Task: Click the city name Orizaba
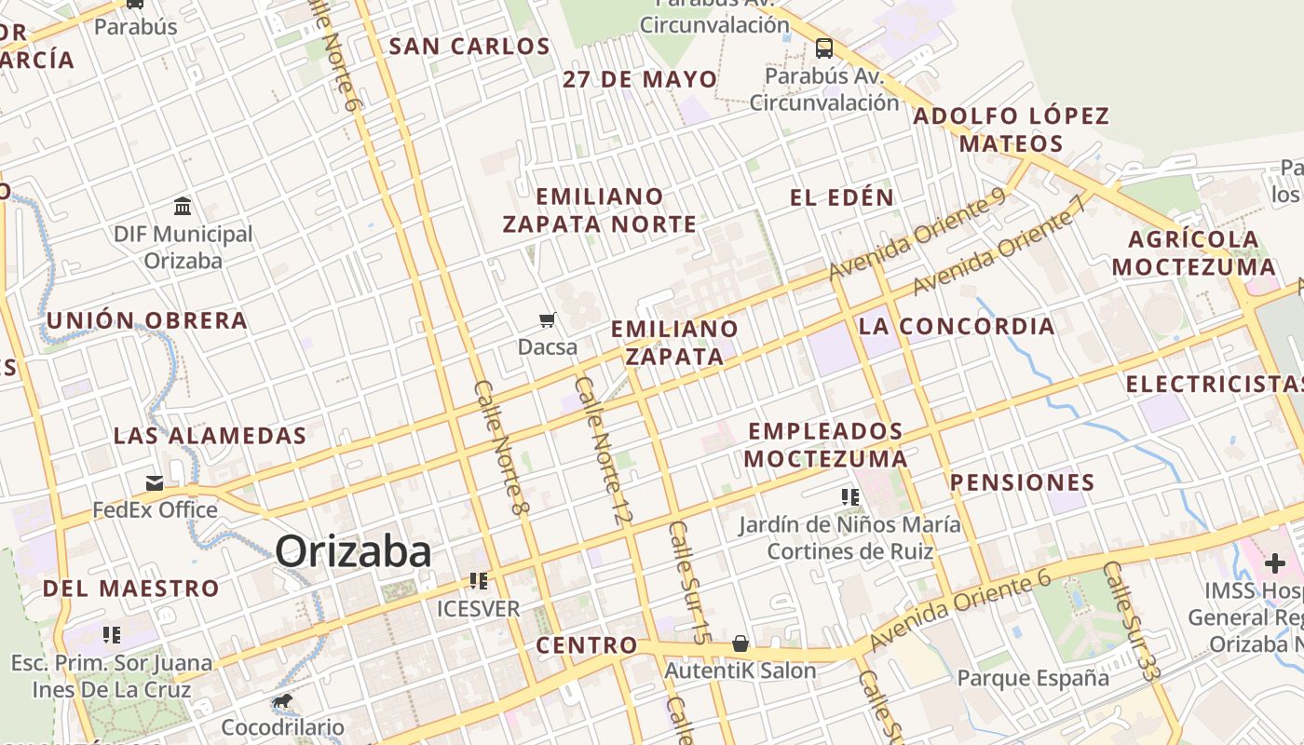(353, 551)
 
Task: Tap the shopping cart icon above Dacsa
(548, 320)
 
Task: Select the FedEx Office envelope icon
(155, 482)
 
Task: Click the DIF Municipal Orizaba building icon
(183, 206)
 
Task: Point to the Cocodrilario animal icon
(281, 700)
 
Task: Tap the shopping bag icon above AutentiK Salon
(740, 643)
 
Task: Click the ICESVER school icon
(479, 581)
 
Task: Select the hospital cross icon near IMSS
(1274, 562)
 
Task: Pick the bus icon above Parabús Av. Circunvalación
(824, 47)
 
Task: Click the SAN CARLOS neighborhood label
(469, 47)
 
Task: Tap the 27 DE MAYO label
(640, 79)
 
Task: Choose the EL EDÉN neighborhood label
(842, 197)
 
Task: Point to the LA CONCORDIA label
(957, 326)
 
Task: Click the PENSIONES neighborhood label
(1022, 482)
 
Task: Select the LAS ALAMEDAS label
(210, 435)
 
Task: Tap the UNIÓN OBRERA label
(147, 320)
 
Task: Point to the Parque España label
(1033, 677)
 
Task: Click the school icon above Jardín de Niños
(849, 497)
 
